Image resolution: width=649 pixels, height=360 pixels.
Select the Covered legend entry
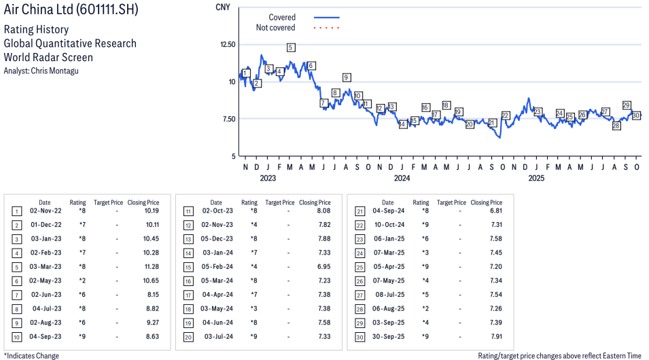point(282,17)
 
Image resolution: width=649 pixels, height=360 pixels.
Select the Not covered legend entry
point(275,28)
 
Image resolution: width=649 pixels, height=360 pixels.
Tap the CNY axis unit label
point(222,7)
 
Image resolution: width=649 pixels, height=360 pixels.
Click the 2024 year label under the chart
point(402,179)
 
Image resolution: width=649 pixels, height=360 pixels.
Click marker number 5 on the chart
point(291,48)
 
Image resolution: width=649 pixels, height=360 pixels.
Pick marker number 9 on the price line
point(347,77)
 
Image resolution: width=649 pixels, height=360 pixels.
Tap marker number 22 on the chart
point(505,115)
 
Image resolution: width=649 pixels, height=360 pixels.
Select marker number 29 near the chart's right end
point(627,105)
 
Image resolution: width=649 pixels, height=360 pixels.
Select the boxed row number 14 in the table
point(188,253)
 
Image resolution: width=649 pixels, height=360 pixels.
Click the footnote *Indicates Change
point(31,355)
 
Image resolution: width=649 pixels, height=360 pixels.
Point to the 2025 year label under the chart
point(536,179)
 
